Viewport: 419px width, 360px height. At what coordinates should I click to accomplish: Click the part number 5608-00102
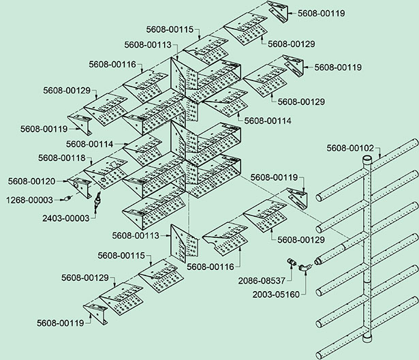click(x=350, y=147)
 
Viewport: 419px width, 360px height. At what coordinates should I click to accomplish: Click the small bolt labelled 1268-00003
click(x=69, y=198)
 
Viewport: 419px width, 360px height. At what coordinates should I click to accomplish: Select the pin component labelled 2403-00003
click(x=97, y=200)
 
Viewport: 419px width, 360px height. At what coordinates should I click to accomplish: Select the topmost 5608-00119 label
click(x=321, y=13)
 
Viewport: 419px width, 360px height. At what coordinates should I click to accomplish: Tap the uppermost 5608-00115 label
click(x=170, y=30)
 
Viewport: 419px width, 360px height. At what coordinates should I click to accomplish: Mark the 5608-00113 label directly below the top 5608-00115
click(x=149, y=44)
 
